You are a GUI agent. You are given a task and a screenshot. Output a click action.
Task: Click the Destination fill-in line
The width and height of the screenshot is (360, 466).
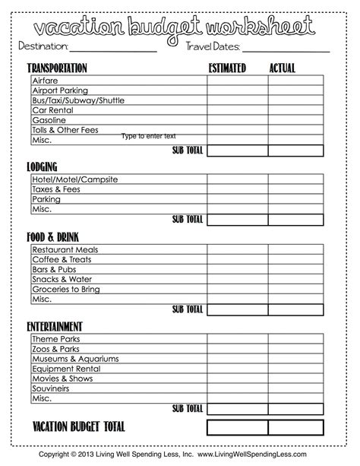click(113, 49)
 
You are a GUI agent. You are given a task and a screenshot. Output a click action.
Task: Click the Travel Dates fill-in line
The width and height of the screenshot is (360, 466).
click(286, 49)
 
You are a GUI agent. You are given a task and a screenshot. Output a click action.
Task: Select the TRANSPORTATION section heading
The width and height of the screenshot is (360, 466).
click(57, 68)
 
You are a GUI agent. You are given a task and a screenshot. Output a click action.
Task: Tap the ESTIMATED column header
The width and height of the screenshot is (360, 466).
click(227, 68)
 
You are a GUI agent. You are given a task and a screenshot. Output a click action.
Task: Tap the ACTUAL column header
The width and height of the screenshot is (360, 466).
click(282, 68)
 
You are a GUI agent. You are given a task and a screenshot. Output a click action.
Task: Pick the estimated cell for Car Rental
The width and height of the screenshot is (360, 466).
click(237, 110)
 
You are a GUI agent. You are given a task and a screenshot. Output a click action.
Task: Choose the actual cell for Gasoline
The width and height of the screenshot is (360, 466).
click(295, 120)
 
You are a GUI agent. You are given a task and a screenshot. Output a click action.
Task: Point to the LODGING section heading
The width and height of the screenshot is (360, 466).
click(43, 166)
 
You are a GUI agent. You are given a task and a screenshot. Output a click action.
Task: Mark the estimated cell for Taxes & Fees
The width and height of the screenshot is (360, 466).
click(237, 189)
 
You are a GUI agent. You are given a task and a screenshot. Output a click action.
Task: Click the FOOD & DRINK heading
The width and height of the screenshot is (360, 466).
click(52, 236)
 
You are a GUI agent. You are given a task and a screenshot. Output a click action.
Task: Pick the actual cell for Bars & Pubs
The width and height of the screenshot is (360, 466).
click(295, 270)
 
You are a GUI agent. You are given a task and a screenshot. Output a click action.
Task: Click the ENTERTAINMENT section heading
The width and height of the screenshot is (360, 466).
click(54, 326)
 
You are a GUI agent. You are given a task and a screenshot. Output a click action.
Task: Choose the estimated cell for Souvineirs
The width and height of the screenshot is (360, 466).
click(237, 388)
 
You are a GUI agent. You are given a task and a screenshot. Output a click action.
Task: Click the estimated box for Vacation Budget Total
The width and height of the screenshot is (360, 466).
click(237, 427)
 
